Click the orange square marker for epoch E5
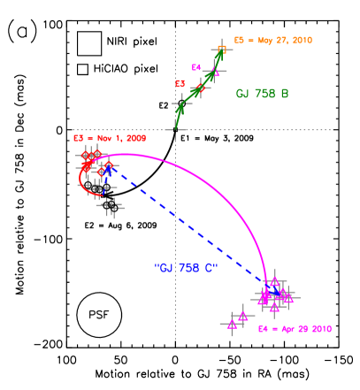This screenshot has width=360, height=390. click(222, 50)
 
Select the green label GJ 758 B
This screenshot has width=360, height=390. click(262, 94)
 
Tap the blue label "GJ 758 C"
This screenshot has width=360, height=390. click(186, 267)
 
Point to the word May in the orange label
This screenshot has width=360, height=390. click(260, 41)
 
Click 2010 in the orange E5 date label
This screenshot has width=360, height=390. click(300, 41)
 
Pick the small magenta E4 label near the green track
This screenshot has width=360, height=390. click(196, 67)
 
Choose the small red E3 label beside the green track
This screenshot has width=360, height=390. click(180, 84)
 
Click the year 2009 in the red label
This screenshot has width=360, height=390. click(134, 139)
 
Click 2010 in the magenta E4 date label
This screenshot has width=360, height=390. click(320, 329)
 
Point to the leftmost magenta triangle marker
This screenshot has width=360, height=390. click(232, 325)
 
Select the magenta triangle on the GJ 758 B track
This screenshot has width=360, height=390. click(214, 71)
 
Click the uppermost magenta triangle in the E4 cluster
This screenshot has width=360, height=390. click(274, 281)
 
